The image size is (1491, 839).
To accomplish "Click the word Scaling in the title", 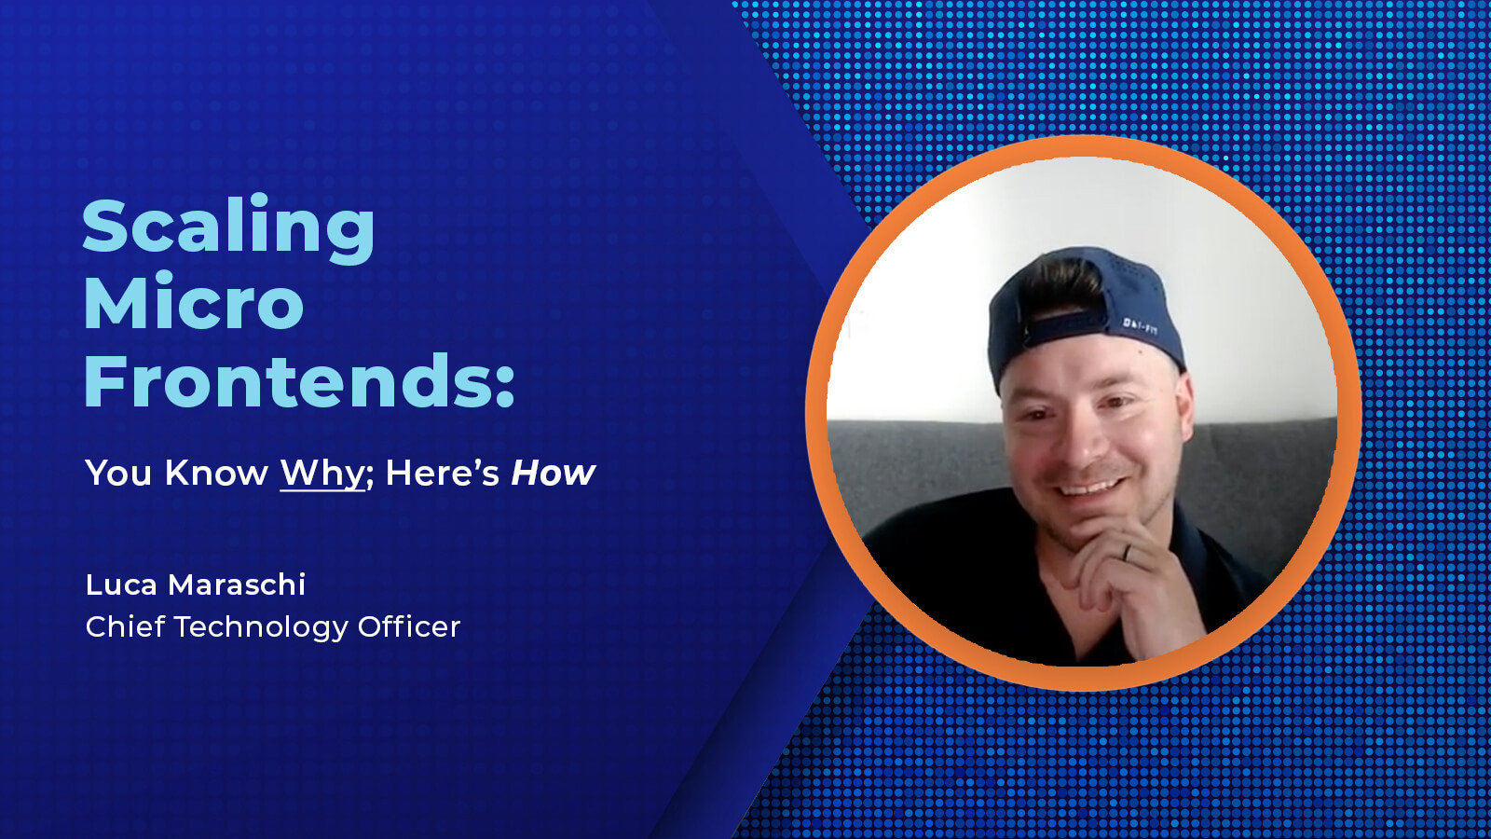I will (228, 227).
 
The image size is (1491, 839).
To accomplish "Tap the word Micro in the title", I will (194, 303).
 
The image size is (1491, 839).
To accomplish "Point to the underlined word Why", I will (322, 474).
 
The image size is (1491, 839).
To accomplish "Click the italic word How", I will (553, 474).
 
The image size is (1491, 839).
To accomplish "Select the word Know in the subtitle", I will (216, 474).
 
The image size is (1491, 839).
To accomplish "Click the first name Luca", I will (121, 585).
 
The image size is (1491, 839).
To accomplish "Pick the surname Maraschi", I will (237, 585).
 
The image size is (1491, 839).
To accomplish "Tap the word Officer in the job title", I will (409, 626).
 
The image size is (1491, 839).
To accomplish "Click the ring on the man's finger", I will (1127, 552).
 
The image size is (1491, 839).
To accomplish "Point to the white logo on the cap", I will (1140, 325).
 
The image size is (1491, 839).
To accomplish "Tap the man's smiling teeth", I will (1089, 488).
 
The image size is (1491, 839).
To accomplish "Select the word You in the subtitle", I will (118, 474).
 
